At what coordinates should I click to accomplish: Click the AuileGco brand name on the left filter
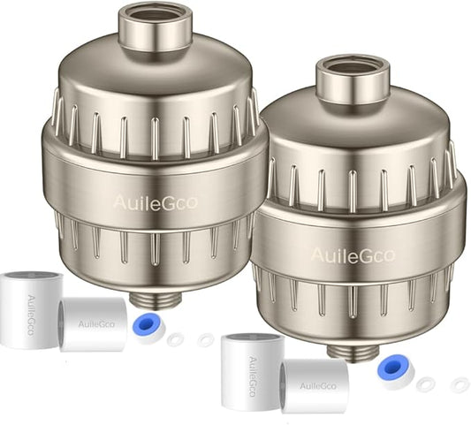[x=155, y=202]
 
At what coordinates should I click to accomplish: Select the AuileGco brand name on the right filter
[x=353, y=255]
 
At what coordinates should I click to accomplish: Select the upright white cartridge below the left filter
[x=30, y=310]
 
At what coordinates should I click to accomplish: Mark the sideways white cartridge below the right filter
[x=314, y=386]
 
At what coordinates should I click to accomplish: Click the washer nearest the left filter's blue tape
[x=175, y=339]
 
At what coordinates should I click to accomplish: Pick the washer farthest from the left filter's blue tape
[x=205, y=340]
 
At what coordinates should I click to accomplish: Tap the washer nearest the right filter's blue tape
[x=426, y=383]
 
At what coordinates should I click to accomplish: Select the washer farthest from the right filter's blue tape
[x=459, y=384]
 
